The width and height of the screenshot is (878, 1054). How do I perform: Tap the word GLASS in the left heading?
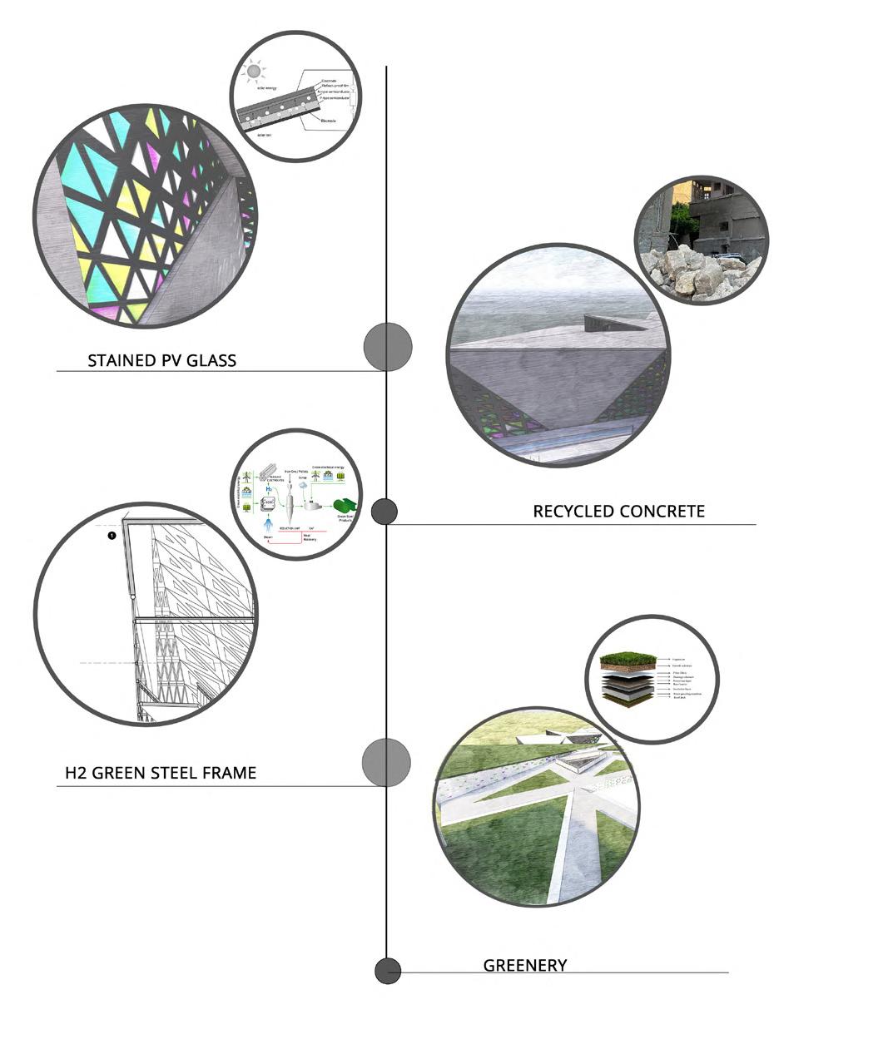tap(211, 360)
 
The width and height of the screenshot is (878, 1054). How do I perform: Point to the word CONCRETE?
tap(664, 511)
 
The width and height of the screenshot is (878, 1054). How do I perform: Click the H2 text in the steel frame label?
tap(76, 773)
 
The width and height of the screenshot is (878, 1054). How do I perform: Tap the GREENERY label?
tap(525, 965)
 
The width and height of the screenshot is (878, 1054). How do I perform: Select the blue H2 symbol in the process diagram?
tap(269, 490)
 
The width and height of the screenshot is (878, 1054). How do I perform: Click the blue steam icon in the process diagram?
tap(268, 525)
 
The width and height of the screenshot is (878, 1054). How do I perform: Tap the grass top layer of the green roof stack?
tap(627, 660)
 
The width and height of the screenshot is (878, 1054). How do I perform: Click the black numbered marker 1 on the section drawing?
tap(112, 536)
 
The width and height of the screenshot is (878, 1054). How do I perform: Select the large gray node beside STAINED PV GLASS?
tap(388, 346)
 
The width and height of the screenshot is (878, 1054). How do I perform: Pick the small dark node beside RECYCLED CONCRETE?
tap(384, 512)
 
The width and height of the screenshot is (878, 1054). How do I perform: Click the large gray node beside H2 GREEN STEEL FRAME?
tap(386, 761)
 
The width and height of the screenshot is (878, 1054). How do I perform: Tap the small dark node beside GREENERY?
tap(388, 970)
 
